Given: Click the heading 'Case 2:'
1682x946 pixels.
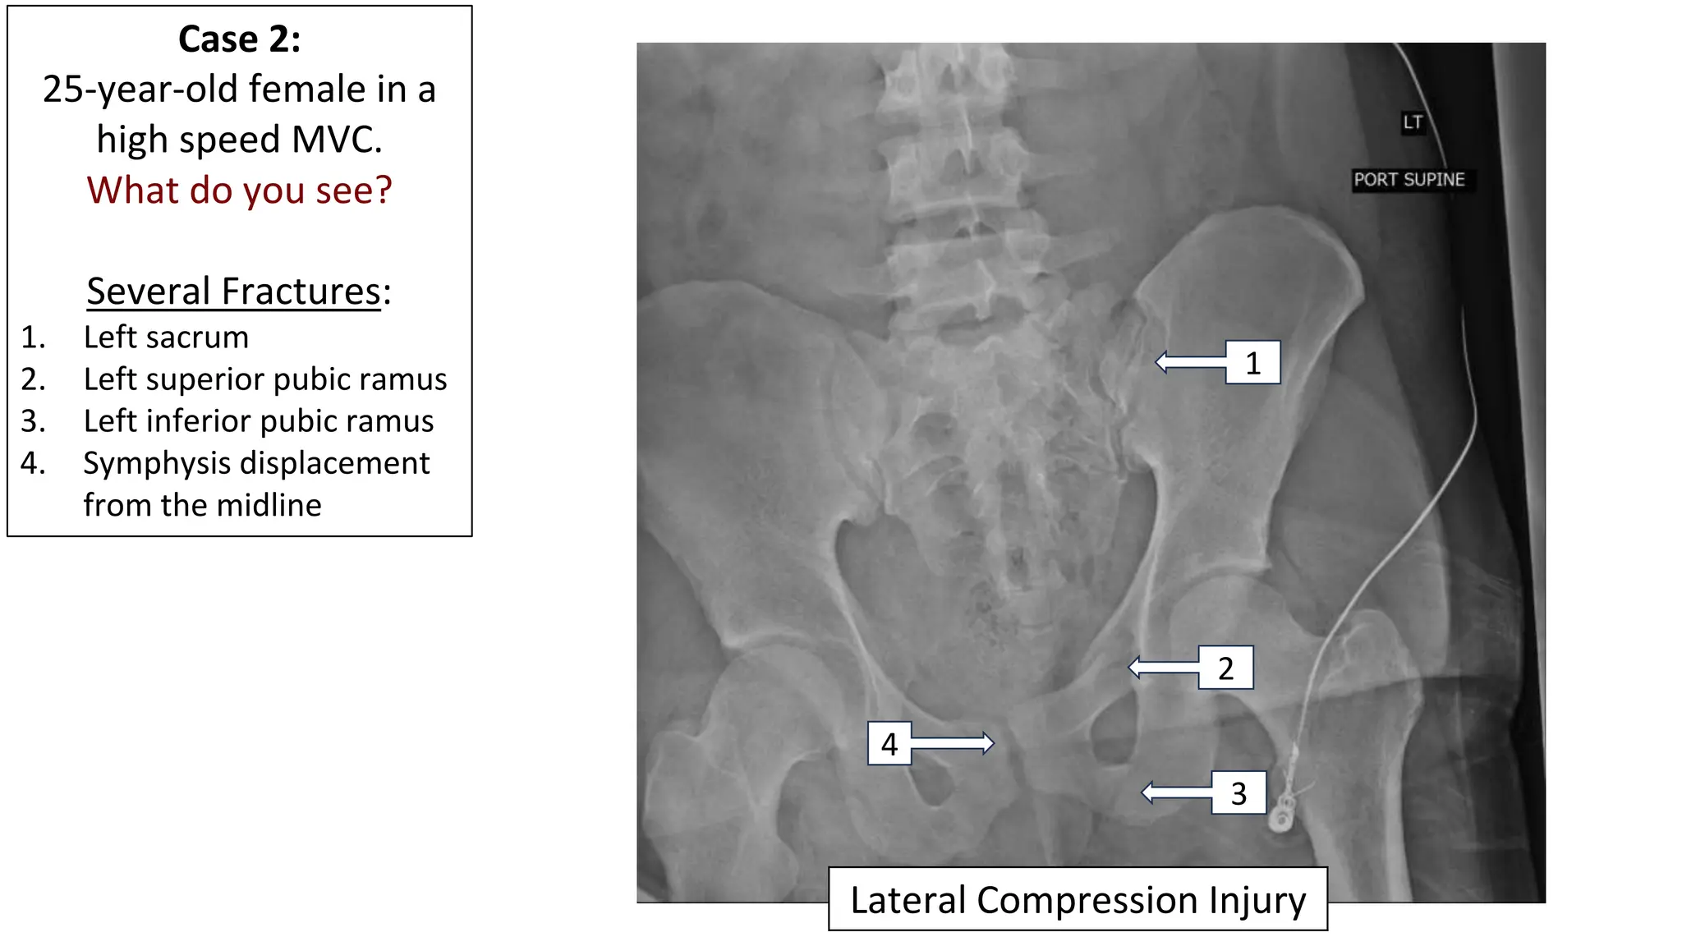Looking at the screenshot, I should (239, 39).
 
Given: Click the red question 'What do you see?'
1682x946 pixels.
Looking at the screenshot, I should (239, 191).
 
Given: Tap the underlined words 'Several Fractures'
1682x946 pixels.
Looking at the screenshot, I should (233, 292).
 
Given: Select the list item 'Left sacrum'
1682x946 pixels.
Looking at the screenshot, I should (166, 338).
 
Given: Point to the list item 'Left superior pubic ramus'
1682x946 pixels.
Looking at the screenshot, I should (264, 379).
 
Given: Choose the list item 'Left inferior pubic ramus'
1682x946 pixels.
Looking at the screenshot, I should (258, 421).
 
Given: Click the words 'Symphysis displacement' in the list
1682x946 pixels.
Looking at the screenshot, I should (256, 463).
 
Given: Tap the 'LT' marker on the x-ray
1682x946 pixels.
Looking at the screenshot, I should (1412, 123).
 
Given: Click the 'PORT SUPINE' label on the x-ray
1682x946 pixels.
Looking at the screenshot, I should (1409, 180).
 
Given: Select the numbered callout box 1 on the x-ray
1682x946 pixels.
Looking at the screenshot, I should (1252, 363).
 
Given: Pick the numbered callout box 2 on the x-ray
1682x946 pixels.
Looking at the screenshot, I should (1225, 668).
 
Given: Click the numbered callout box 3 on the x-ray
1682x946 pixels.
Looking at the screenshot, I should (1239, 793).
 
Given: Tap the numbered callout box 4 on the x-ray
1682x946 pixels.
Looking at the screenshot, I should (889, 744).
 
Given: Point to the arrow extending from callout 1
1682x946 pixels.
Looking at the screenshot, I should (1190, 362).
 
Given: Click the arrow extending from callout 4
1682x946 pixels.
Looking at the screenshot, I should (953, 743).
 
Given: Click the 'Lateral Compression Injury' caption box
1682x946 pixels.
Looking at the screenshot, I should (1078, 900).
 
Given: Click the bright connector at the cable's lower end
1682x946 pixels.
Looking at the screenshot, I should (1280, 817).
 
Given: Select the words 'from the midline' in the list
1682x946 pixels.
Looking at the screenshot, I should (202, 505).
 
